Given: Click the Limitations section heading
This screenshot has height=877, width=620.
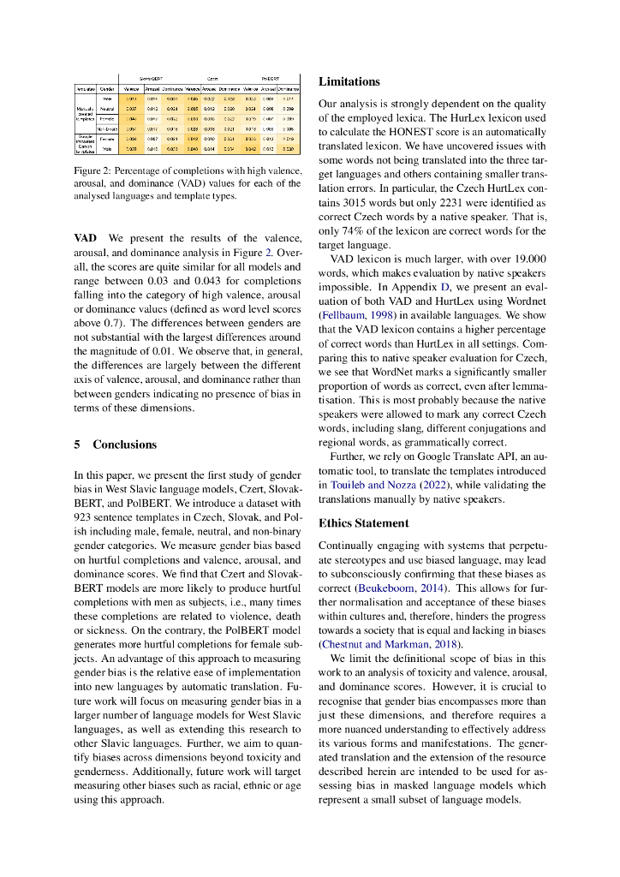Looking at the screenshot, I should point(349,81).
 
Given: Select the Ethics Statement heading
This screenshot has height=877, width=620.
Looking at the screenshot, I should point(363,522).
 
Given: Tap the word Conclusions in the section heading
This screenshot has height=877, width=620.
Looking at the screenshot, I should point(125,444).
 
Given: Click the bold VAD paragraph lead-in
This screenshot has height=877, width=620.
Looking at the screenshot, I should point(85,237).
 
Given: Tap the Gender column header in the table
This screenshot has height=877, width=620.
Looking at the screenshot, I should point(107,88).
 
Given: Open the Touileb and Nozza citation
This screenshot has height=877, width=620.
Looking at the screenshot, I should point(382,485).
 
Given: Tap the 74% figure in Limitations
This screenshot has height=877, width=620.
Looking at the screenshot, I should point(353,231).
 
